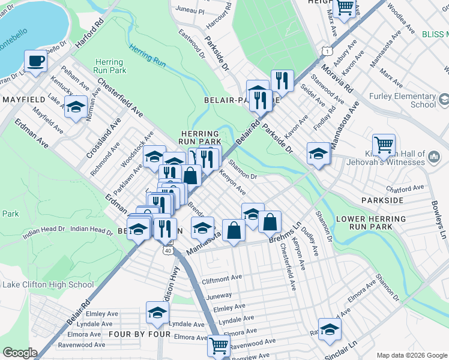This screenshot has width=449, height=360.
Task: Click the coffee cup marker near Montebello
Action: [35, 61]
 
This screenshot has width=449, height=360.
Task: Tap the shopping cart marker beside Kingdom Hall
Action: [384, 145]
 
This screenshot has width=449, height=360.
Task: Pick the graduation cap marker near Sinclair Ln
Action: [329, 329]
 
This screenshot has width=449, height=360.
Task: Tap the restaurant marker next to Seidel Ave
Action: [282, 80]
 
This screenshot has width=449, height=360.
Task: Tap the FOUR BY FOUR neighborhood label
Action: [134, 334]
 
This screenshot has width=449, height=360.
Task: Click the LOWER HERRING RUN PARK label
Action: [372, 223]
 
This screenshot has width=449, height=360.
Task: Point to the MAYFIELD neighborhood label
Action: [25, 99]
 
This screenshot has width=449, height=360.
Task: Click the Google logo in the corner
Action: [20, 353]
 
